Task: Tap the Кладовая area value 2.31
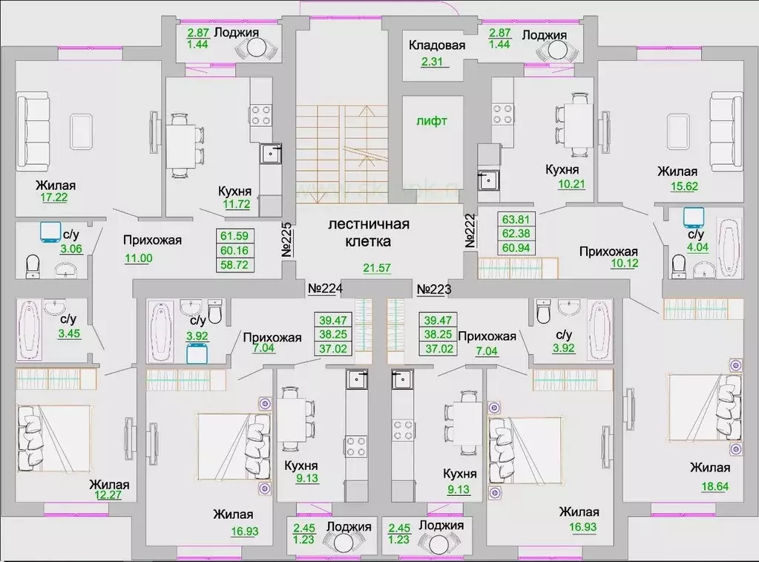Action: [x=434, y=62]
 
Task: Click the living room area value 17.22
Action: [x=54, y=198]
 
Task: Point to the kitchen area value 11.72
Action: [x=235, y=204]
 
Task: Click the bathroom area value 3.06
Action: [x=72, y=249]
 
